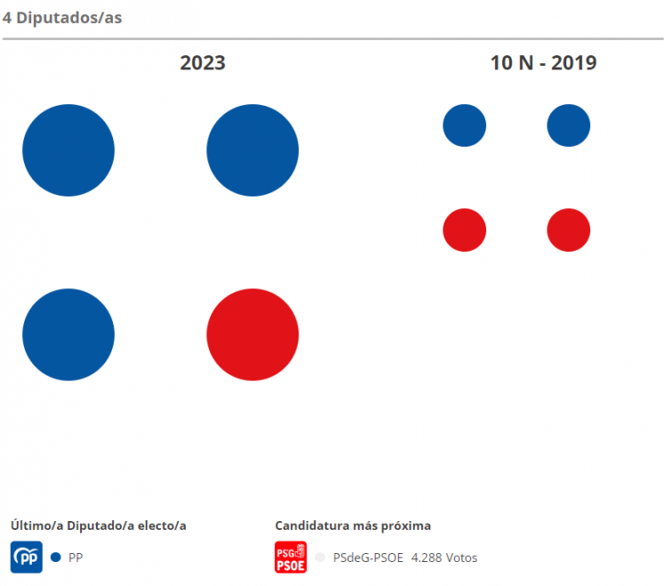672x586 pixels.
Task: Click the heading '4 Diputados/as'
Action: (x=62, y=18)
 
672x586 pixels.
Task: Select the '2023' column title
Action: (x=203, y=63)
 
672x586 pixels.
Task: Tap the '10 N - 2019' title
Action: (x=543, y=63)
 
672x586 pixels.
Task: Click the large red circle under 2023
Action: (x=252, y=334)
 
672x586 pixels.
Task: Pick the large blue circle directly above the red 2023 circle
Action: (x=252, y=149)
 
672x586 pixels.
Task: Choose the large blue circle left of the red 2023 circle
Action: (x=68, y=334)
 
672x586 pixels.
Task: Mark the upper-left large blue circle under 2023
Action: (x=68, y=149)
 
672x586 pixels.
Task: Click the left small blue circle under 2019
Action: (x=464, y=125)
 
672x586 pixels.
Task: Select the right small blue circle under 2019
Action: (x=568, y=125)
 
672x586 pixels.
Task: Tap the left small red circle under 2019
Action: (x=464, y=230)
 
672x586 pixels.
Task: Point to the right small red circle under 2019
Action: (x=568, y=230)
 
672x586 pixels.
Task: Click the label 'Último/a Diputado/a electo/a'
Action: (x=98, y=526)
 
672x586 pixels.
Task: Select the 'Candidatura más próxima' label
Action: (x=353, y=526)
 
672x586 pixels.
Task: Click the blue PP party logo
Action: (x=27, y=558)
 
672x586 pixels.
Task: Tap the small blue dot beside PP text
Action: (x=55, y=558)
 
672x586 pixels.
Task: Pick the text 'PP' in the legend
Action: (x=76, y=558)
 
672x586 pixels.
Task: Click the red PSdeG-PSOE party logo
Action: (x=291, y=558)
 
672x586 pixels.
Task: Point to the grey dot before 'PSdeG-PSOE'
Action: (x=320, y=558)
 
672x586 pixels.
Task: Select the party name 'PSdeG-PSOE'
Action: (x=367, y=558)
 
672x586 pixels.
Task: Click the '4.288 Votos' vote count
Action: (x=444, y=558)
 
